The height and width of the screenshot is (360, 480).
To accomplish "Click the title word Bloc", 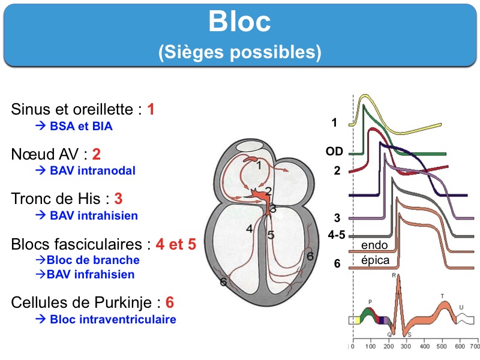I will click(x=239, y=22).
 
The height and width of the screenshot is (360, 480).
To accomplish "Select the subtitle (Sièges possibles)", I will click(x=239, y=52).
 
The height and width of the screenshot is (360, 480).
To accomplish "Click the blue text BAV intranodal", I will click(x=92, y=170).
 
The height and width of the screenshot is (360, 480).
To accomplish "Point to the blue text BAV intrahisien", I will click(x=94, y=215).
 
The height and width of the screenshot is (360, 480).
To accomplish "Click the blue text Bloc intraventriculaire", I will click(x=113, y=319).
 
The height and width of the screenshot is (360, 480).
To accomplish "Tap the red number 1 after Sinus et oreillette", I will click(x=151, y=109).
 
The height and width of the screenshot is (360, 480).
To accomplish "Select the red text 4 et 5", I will click(x=176, y=244).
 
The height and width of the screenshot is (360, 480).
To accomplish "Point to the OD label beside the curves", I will click(x=334, y=152).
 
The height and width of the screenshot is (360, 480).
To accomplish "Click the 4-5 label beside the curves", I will click(x=337, y=236).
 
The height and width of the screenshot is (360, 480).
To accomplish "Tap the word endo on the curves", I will click(x=374, y=245).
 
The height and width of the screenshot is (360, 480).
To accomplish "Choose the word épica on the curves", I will click(x=376, y=260).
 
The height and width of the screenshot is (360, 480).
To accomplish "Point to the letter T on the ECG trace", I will click(x=442, y=296).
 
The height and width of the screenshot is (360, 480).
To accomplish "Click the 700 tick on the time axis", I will click(x=473, y=347).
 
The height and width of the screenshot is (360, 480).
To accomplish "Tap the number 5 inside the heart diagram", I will click(x=271, y=235).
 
